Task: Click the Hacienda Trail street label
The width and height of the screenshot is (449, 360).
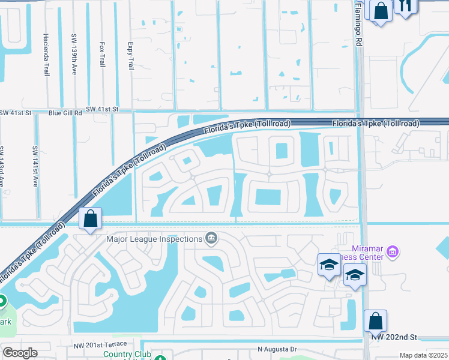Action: [46, 54]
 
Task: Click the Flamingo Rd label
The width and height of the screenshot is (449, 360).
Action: [359, 24]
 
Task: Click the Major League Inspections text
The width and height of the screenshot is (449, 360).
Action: [154, 239]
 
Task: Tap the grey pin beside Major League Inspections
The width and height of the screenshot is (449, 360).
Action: [211, 239]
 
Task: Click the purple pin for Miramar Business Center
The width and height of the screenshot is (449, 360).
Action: [393, 251]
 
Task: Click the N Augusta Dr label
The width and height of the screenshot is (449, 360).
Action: [277, 349]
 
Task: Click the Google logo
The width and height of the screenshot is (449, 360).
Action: [20, 353]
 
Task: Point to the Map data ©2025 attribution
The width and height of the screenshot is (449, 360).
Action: [423, 355]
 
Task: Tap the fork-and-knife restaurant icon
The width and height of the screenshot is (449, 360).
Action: [406, 6]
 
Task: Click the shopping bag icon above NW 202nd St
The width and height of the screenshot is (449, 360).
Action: [375, 320]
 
